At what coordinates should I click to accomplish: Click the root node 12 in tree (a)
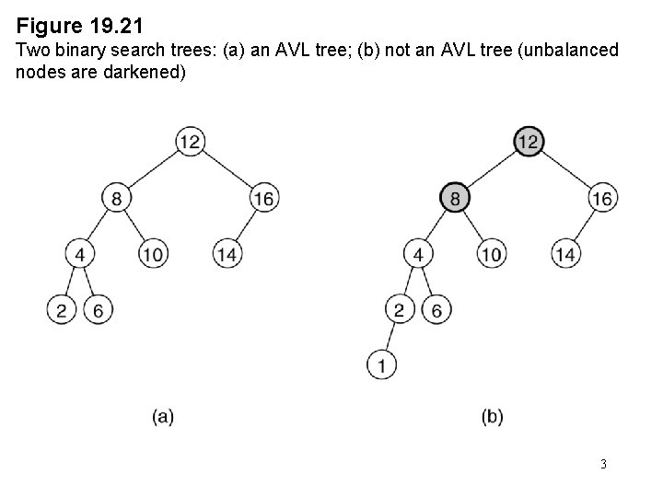point(190,142)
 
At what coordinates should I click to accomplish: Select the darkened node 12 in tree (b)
point(528,142)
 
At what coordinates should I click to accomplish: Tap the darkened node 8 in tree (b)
point(455,198)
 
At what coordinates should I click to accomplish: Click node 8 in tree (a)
point(117,198)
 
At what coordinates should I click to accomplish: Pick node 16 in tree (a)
point(263,198)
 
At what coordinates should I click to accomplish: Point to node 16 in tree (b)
point(602,198)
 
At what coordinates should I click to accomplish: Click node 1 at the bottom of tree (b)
point(382,365)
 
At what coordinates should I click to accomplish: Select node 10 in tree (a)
point(154,253)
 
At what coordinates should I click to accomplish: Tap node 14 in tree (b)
point(565,253)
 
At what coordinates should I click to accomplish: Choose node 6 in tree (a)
point(98,310)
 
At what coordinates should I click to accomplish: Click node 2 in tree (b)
point(399,310)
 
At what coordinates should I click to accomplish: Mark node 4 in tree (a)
point(80,253)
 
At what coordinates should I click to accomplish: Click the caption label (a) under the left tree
point(163,417)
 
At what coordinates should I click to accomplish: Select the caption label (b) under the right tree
point(492,417)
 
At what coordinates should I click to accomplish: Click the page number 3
point(603,464)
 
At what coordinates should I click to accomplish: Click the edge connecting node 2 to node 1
point(390,338)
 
